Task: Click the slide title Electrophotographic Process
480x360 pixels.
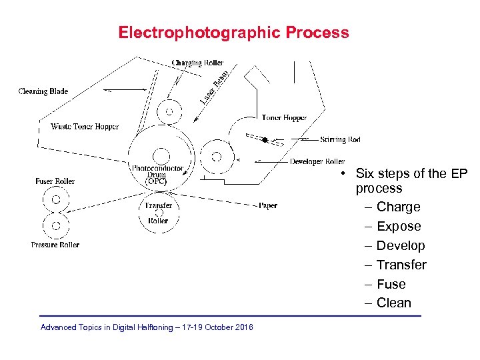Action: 233,33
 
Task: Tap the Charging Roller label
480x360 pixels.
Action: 197,63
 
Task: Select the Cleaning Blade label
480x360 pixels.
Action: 43,91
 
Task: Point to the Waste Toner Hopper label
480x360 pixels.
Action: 85,127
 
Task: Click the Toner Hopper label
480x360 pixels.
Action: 284,118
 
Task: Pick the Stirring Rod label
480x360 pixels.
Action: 340,139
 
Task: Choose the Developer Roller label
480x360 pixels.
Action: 317,161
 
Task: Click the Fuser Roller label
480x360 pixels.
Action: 55,181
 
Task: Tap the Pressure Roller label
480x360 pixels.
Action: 55,245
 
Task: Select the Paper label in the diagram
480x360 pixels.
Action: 268,206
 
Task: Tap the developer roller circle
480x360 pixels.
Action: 216,157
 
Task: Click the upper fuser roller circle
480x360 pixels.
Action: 56,199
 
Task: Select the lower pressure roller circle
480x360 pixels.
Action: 56,225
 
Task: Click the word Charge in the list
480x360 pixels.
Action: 398,207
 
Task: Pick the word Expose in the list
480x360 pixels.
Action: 399,227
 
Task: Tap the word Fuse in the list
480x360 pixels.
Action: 391,284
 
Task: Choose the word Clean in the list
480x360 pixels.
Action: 393,303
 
